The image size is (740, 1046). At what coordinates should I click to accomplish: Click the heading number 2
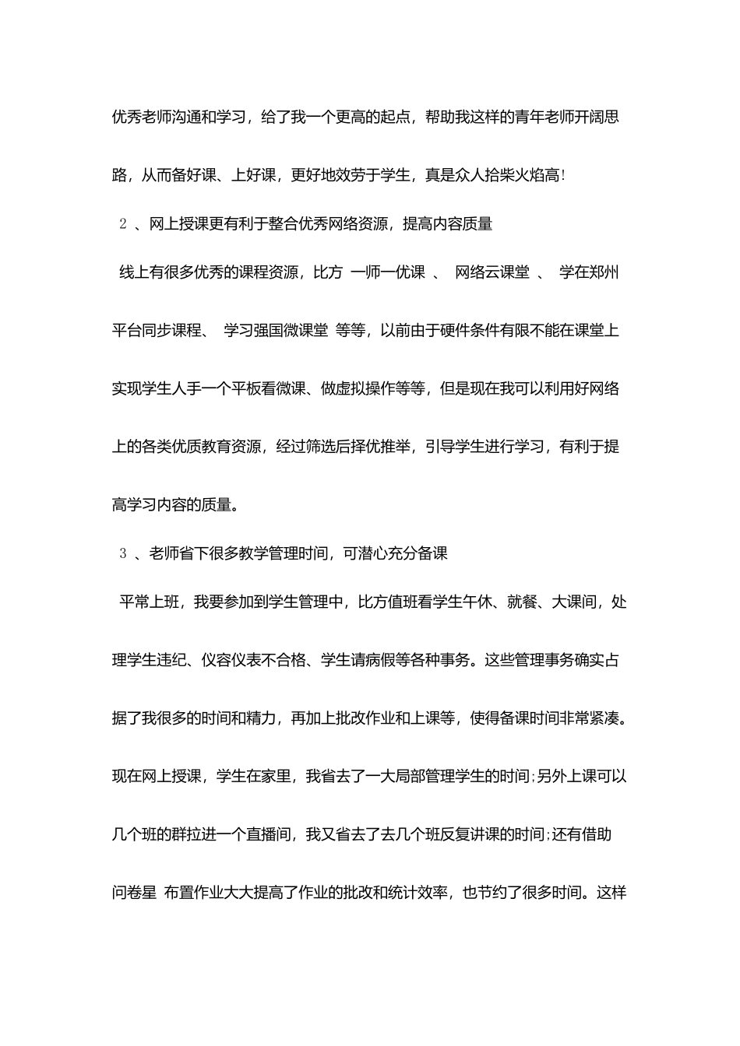pos(122,225)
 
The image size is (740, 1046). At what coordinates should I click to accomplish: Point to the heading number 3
pos(122,554)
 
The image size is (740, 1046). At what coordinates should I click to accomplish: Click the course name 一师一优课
pos(388,272)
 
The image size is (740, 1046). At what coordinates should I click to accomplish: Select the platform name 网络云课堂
pos(492,272)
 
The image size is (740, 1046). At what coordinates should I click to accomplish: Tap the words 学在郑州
pos(590,272)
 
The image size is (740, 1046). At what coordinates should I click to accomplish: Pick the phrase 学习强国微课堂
pos(276,331)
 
